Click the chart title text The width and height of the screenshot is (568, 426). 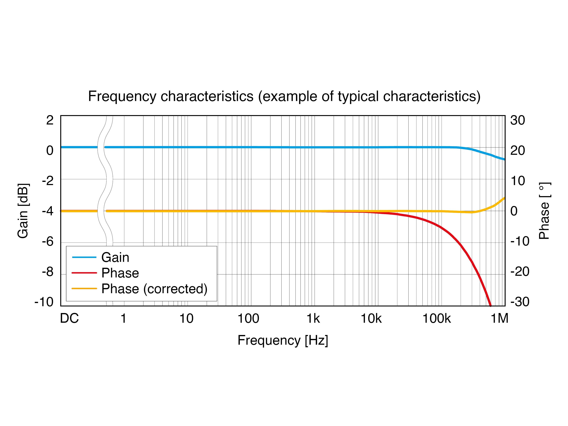tap(284, 97)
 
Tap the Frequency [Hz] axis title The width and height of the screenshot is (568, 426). tap(283, 340)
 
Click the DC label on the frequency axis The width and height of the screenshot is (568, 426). tap(69, 319)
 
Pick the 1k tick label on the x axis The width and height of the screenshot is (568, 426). tap(313, 319)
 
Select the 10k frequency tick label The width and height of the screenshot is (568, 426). tap(371, 319)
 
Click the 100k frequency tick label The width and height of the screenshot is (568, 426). tap(437, 319)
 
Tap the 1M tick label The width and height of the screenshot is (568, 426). tap(499, 319)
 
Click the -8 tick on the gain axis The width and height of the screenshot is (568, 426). tap(48, 272)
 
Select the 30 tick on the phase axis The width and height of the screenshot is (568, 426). tap(517, 120)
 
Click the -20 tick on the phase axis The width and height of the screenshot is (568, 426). tap(520, 272)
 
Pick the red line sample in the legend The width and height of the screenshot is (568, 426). tap(84, 273)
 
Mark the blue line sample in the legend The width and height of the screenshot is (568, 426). tap(84, 257)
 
